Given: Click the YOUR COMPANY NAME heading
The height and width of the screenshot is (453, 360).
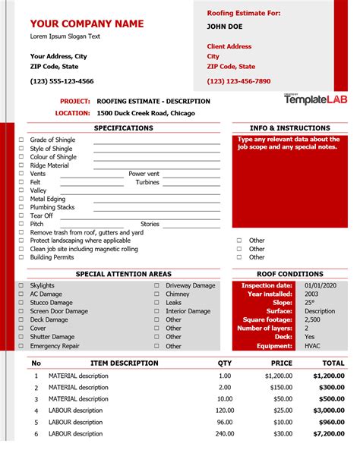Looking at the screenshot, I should click(87, 24).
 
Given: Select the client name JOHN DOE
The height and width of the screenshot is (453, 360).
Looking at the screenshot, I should click(226, 27).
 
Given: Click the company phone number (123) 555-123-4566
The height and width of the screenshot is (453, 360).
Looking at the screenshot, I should click(62, 81).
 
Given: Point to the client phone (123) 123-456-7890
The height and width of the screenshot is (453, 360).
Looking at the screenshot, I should click(238, 81).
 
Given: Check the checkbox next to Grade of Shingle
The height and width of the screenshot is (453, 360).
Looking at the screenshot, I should click(21, 140).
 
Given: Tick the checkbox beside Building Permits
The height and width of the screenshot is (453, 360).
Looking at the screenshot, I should click(21, 257).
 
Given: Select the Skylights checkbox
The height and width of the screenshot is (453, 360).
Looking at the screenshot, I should click(21, 285).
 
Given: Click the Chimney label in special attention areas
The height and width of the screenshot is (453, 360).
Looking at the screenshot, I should click(178, 294).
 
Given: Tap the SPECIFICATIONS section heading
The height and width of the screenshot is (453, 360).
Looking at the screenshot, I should click(123, 128).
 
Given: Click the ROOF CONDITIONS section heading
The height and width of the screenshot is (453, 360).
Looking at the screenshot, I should click(290, 274).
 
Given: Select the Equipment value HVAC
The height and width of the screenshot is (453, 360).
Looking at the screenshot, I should click(312, 345).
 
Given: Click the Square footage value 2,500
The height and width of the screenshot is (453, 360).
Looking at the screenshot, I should click(312, 319).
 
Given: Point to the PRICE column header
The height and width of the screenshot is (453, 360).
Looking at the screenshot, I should click(282, 363).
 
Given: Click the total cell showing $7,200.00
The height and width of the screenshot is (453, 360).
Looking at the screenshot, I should click(327, 434).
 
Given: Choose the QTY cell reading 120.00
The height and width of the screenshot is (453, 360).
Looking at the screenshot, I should click(224, 411).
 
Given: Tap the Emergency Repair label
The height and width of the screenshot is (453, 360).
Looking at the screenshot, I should click(55, 346).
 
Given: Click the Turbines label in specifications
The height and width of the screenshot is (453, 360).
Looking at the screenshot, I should click(147, 182).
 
